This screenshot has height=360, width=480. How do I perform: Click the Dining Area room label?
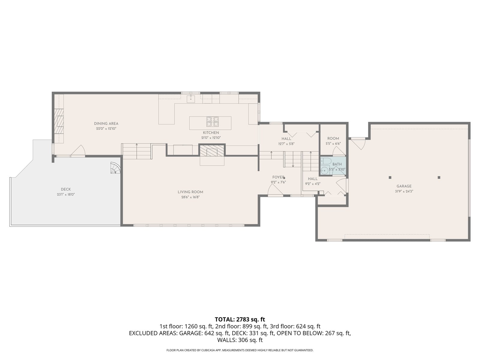coord(106,124)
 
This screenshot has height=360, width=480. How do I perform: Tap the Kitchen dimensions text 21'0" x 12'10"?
coord(211,138)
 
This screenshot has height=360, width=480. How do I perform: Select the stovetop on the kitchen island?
coord(213,122)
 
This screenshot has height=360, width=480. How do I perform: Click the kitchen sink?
coord(191,99)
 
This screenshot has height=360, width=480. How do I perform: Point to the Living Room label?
coord(190,192)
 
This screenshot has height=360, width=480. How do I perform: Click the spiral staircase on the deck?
coord(115,168)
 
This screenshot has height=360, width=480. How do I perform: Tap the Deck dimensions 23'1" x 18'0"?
coord(66,194)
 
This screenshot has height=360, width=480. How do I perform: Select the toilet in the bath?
coord(325,161)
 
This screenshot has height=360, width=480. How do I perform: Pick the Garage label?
coord(404,186)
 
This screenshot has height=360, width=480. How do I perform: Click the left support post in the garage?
coord(390,178)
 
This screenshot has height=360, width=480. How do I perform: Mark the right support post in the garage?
coord(439,178)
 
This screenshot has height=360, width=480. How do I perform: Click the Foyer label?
coord(278,177)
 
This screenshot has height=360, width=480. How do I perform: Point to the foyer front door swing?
coord(275,190)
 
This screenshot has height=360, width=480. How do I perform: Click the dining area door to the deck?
coord(78,151)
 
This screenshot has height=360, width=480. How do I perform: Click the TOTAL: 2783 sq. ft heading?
coord(240,319)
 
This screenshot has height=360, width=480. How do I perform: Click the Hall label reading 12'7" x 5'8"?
coord(286,141)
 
